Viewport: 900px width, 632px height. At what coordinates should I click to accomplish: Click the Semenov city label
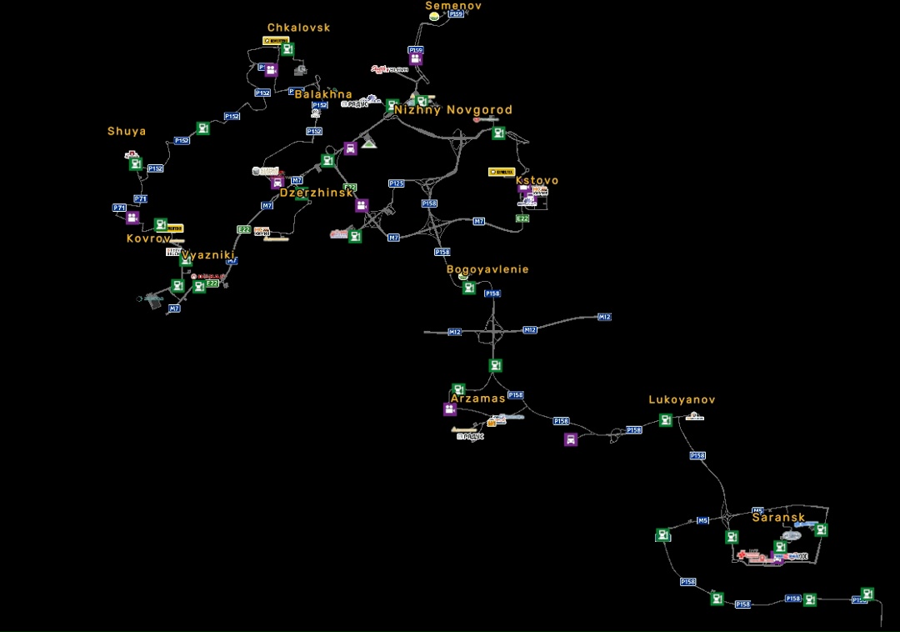(x=453, y=6)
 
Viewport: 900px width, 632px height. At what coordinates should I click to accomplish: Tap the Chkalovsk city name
(x=298, y=28)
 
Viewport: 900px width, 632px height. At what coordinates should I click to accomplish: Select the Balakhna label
(x=323, y=94)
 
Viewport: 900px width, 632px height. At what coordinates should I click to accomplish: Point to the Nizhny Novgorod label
(x=453, y=110)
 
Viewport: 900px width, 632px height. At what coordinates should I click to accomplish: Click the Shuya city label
(x=127, y=131)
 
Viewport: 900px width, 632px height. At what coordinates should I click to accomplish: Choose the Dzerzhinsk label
(x=317, y=193)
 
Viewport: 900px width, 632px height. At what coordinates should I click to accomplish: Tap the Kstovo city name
(x=537, y=180)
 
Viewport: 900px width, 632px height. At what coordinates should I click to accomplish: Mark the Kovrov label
(x=148, y=238)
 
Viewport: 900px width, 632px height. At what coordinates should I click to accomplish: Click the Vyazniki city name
(x=208, y=255)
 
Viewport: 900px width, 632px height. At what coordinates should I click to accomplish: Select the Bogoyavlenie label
(x=487, y=269)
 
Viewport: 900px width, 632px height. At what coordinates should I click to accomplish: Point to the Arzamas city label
(x=477, y=399)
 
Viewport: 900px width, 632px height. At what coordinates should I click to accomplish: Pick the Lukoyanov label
(x=682, y=400)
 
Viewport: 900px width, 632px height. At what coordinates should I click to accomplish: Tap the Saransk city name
(x=778, y=517)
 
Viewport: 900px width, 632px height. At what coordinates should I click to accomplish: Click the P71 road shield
(x=119, y=208)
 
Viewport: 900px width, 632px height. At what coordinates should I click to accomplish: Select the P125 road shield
(x=396, y=183)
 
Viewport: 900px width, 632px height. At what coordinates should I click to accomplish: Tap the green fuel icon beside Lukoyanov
(x=665, y=420)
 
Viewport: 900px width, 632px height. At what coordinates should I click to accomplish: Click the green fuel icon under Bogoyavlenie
(x=469, y=288)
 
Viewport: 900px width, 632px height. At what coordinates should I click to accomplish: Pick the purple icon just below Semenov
(x=415, y=59)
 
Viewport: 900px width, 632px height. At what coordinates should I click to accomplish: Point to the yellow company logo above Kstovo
(x=502, y=172)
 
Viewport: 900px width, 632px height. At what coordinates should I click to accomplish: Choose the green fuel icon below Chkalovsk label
(x=287, y=49)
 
